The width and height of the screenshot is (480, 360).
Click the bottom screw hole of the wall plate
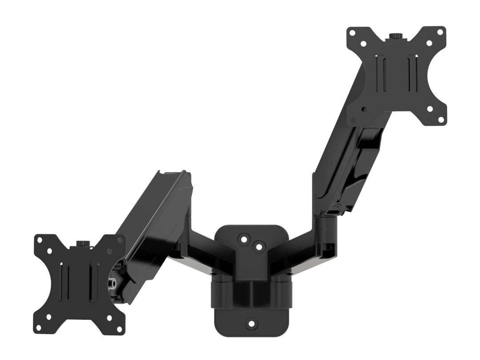(x=251, y=323)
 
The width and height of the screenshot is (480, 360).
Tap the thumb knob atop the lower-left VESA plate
(x=83, y=243)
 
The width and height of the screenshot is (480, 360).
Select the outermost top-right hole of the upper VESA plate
(x=440, y=32)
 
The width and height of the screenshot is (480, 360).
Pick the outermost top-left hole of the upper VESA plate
(x=352, y=33)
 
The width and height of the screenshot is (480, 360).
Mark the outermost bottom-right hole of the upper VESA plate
(x=440, y=119)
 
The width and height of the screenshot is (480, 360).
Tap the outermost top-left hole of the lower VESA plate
(x=39, y=240)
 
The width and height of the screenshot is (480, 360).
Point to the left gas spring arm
(x=153, y=231)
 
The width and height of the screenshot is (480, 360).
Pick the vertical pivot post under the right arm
(x=327, y=231)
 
